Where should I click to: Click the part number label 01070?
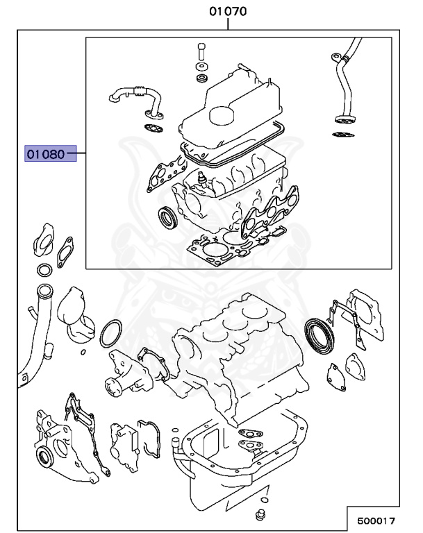tap(229, 12)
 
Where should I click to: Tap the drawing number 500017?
tap(376, 519)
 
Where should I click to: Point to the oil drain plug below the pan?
tap(261, 516)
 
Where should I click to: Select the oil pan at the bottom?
tap(243, 458)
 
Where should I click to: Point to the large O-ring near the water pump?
tap(111, 334)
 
